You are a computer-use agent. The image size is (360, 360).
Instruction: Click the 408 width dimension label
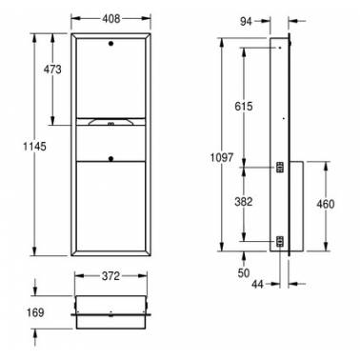click(110, 19)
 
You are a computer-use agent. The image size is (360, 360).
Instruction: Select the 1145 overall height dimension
click(34, 147)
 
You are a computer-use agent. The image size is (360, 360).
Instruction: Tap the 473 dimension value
click(52, 70)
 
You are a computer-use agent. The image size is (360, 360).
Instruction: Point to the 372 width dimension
click(110, 276)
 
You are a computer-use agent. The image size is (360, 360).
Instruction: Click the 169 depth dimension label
click(35, 312)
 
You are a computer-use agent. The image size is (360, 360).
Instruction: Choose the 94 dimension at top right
click(246, 22)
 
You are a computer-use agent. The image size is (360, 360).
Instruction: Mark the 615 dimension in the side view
click(244, 106)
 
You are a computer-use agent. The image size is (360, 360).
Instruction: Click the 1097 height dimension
click(222, 157)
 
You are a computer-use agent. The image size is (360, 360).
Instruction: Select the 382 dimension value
click(244, 202)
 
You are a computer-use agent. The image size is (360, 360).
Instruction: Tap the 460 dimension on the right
click(326, 204)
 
